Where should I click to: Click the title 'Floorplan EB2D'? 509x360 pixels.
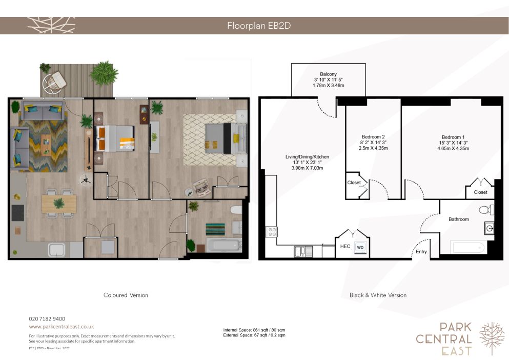click(259, 26)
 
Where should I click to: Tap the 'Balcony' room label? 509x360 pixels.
click(328, 74)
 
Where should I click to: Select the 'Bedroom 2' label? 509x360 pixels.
click(373, 137)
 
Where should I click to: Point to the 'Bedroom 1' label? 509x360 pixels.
click(453, 137)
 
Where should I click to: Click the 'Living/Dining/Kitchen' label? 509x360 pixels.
click(307, 156)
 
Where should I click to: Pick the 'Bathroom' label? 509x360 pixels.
click(459, 219)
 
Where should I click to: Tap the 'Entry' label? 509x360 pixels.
click(421, 251)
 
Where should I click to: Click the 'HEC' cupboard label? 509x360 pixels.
click(345, 246)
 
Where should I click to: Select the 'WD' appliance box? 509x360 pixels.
click(360, 247)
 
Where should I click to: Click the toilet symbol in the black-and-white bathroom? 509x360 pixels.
click(486, 210)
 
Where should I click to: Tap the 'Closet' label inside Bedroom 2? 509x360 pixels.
click(354, 183)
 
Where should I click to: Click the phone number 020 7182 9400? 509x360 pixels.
click(47, 319)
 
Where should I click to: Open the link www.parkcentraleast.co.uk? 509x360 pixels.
click(62, 327)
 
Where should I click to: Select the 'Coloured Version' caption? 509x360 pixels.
click(126, 295)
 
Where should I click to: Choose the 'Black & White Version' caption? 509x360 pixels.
click(378, 295)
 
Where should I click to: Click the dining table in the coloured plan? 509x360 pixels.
click(59, 204)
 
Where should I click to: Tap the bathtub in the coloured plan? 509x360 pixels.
click(223, 245)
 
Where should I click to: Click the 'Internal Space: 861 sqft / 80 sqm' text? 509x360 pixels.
click(254, 330)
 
